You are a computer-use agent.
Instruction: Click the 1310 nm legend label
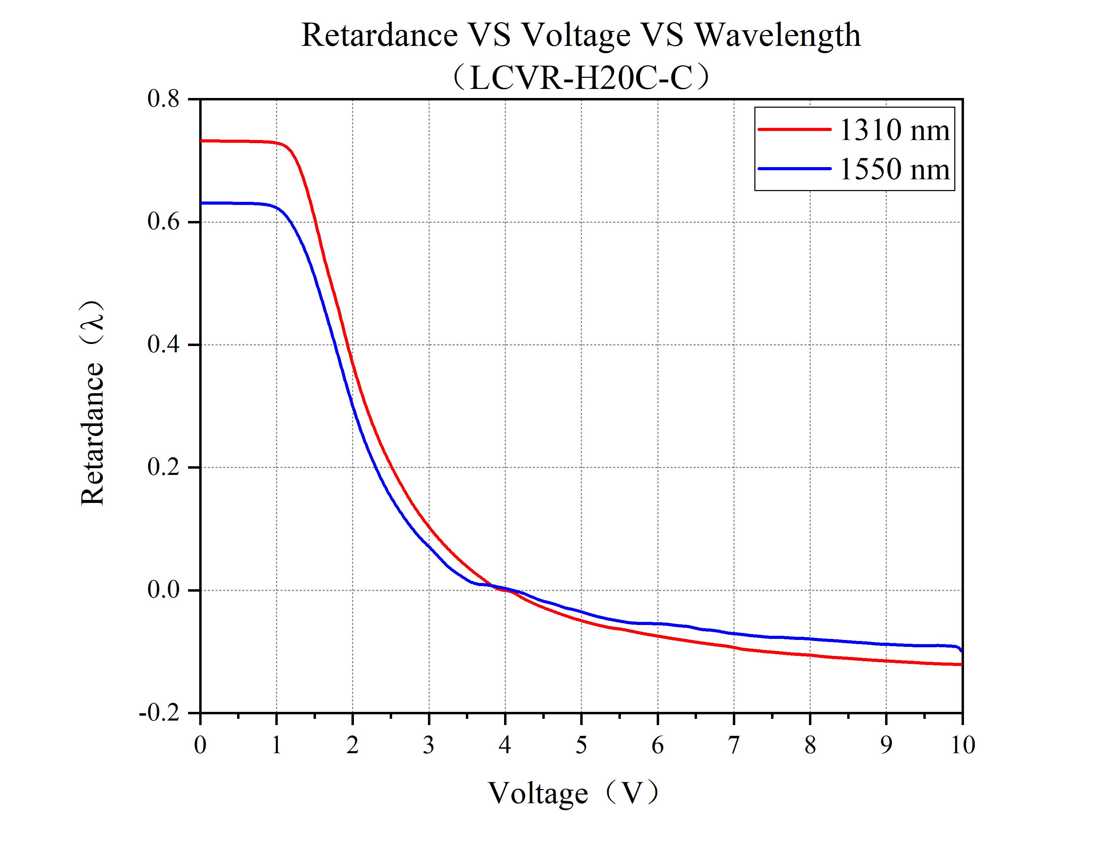tap(893, 130)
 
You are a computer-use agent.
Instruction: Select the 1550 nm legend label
tap(893, 170)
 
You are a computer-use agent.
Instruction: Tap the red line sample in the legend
tap(794, 129)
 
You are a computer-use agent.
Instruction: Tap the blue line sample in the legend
tap(794, 168)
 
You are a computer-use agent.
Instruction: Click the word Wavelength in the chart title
tap(777, 36)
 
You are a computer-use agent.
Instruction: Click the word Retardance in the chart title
tap(379, 36)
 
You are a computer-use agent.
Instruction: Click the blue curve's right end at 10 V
tap(961, 650)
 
